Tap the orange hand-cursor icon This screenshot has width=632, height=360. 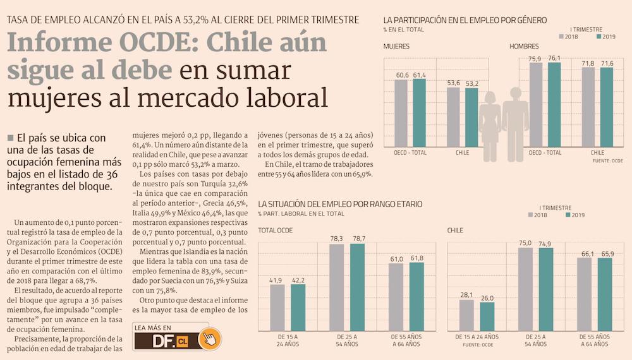click(209, 339)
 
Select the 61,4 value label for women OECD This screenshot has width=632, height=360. click(420, 75)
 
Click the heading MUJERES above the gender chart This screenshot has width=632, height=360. click(396, 47)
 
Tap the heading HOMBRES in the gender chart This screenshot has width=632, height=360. click(524, 47)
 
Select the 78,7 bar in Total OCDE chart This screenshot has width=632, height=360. click(358, 287)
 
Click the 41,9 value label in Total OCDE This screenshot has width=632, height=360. click(277, 280)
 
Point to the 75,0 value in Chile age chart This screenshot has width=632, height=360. click(525, 243)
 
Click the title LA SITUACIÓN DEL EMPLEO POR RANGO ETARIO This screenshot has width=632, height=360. click(340, 205)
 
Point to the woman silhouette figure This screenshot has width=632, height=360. click(490, 126)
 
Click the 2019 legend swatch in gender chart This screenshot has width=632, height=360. click(600, 37)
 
